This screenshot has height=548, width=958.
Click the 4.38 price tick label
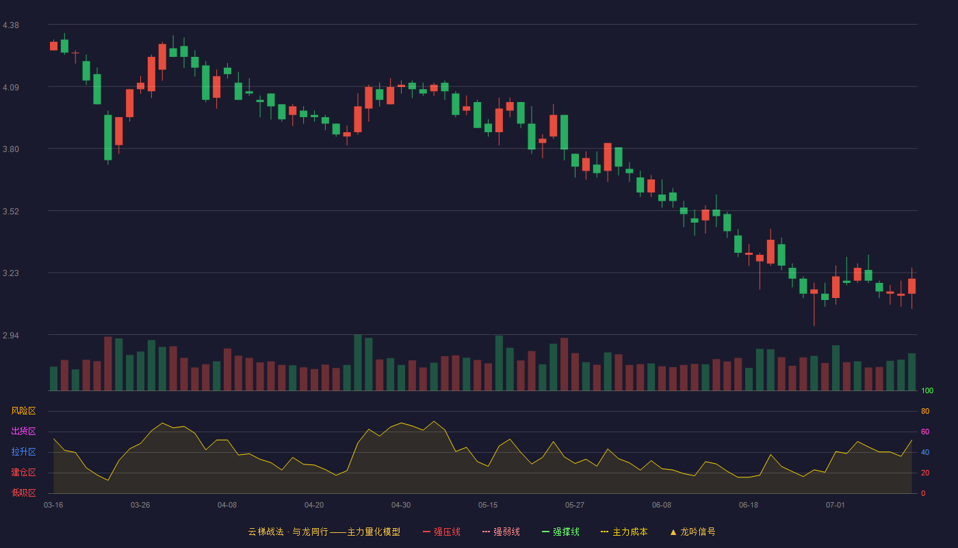pyautogui.click(x=11, y=25)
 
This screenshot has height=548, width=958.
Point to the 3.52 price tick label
pyautogui.click(x=11, y=212)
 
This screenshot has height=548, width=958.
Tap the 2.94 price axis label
pyautogui.click(x=11, y=335)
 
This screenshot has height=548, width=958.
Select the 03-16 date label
pyautogui.click(x=53, y=506)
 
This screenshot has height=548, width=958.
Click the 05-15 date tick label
pyautogui.click(x=488, y=506)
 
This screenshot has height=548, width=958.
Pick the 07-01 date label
pyautogui.click(x=836, y=506)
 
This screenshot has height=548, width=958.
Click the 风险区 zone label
pyautogui.click(x=23, y=411)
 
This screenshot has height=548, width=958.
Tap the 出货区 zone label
pyautogui.click(x=23, y=431)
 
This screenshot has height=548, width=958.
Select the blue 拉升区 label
pyautogui.click(x=23, y=451)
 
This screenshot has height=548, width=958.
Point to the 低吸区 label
pyautogui.click(x=23, y=493)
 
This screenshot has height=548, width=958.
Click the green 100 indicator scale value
pyautogui.click(x=927, y=390)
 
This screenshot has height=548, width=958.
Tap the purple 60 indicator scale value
pyautogui.click(x=925, y=432)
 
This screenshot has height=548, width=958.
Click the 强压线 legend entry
pyautogui.click(x=441, y=532)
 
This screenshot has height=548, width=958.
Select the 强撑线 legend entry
pyautogui.click(x=560, y=532)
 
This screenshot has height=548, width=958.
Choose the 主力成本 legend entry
pyautogui.click(x=624, y=532)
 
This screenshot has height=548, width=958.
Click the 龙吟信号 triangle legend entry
pyautogui.click(x=692, y=532)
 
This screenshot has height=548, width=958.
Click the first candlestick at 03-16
pyautogui.click(x=53, y=46)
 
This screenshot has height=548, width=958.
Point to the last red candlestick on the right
pyautogui.click(x=911, y=286)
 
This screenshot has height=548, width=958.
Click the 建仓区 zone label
pyautogui.click(x=23, y=472)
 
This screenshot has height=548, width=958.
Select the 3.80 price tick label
pyautogui.click(x=11, y=149)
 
